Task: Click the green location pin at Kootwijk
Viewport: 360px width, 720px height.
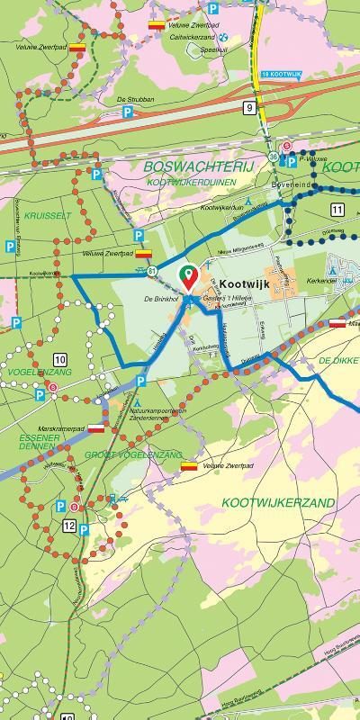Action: coord(187,274)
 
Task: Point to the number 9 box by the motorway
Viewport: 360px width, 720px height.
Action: coord(247,108)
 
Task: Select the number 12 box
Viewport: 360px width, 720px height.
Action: coord(69,524)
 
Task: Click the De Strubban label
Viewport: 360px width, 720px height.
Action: coord(135,99)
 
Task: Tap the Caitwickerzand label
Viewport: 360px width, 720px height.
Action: coord(192,38)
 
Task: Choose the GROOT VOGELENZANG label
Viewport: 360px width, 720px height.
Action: coord(133,454)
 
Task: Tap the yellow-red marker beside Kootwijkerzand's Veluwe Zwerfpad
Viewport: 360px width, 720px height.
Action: coord(189,468)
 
